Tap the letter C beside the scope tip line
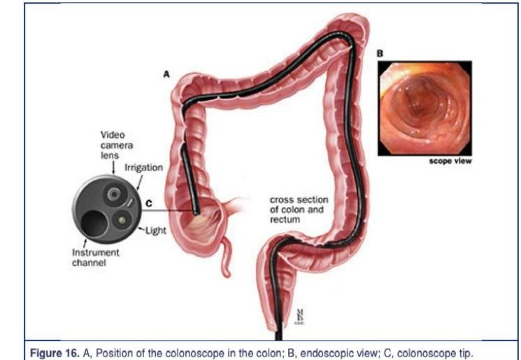point(148,203)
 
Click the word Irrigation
point(143,168)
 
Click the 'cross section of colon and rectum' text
point(299,208)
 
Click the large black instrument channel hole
point(94,223)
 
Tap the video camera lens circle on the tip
point(113,194)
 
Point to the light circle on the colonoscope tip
point(123,219)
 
